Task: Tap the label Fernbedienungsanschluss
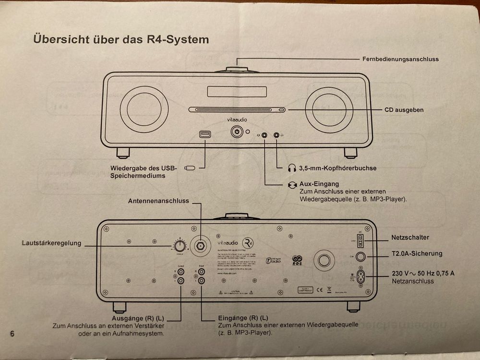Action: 400,59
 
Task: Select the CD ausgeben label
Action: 404,110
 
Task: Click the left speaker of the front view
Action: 142,110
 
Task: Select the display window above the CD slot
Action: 237,92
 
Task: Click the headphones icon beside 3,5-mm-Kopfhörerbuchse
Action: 292,168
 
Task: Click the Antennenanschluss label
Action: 158,201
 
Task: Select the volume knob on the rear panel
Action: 180,246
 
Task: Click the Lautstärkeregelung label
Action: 51,243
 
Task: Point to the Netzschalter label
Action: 410,237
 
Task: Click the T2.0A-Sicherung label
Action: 417,253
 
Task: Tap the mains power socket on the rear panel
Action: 360,277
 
